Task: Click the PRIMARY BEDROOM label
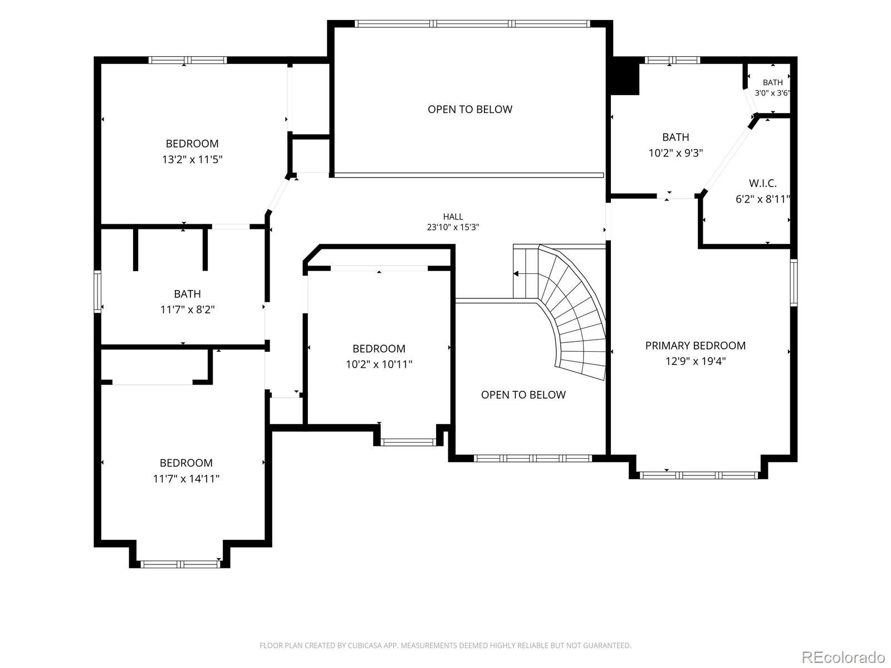[696, 346]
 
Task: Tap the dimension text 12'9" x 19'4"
[696, 361]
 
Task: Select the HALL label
[453, 217]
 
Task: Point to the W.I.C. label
[763, 183]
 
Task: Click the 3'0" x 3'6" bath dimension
[772, 93]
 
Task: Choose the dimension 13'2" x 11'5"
[193, 159]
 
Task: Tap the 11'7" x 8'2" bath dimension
[187, 310]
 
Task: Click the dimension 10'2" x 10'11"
[379, 364]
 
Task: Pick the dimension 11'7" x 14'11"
[186, 479]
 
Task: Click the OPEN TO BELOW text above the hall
[470, 109]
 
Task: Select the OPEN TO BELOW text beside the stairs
[523, 395]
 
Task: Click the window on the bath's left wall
[97, 291]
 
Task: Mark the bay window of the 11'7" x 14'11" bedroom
[180, 564]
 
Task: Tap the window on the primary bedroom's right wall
[794, 282]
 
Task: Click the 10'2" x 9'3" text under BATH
[676, 153]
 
